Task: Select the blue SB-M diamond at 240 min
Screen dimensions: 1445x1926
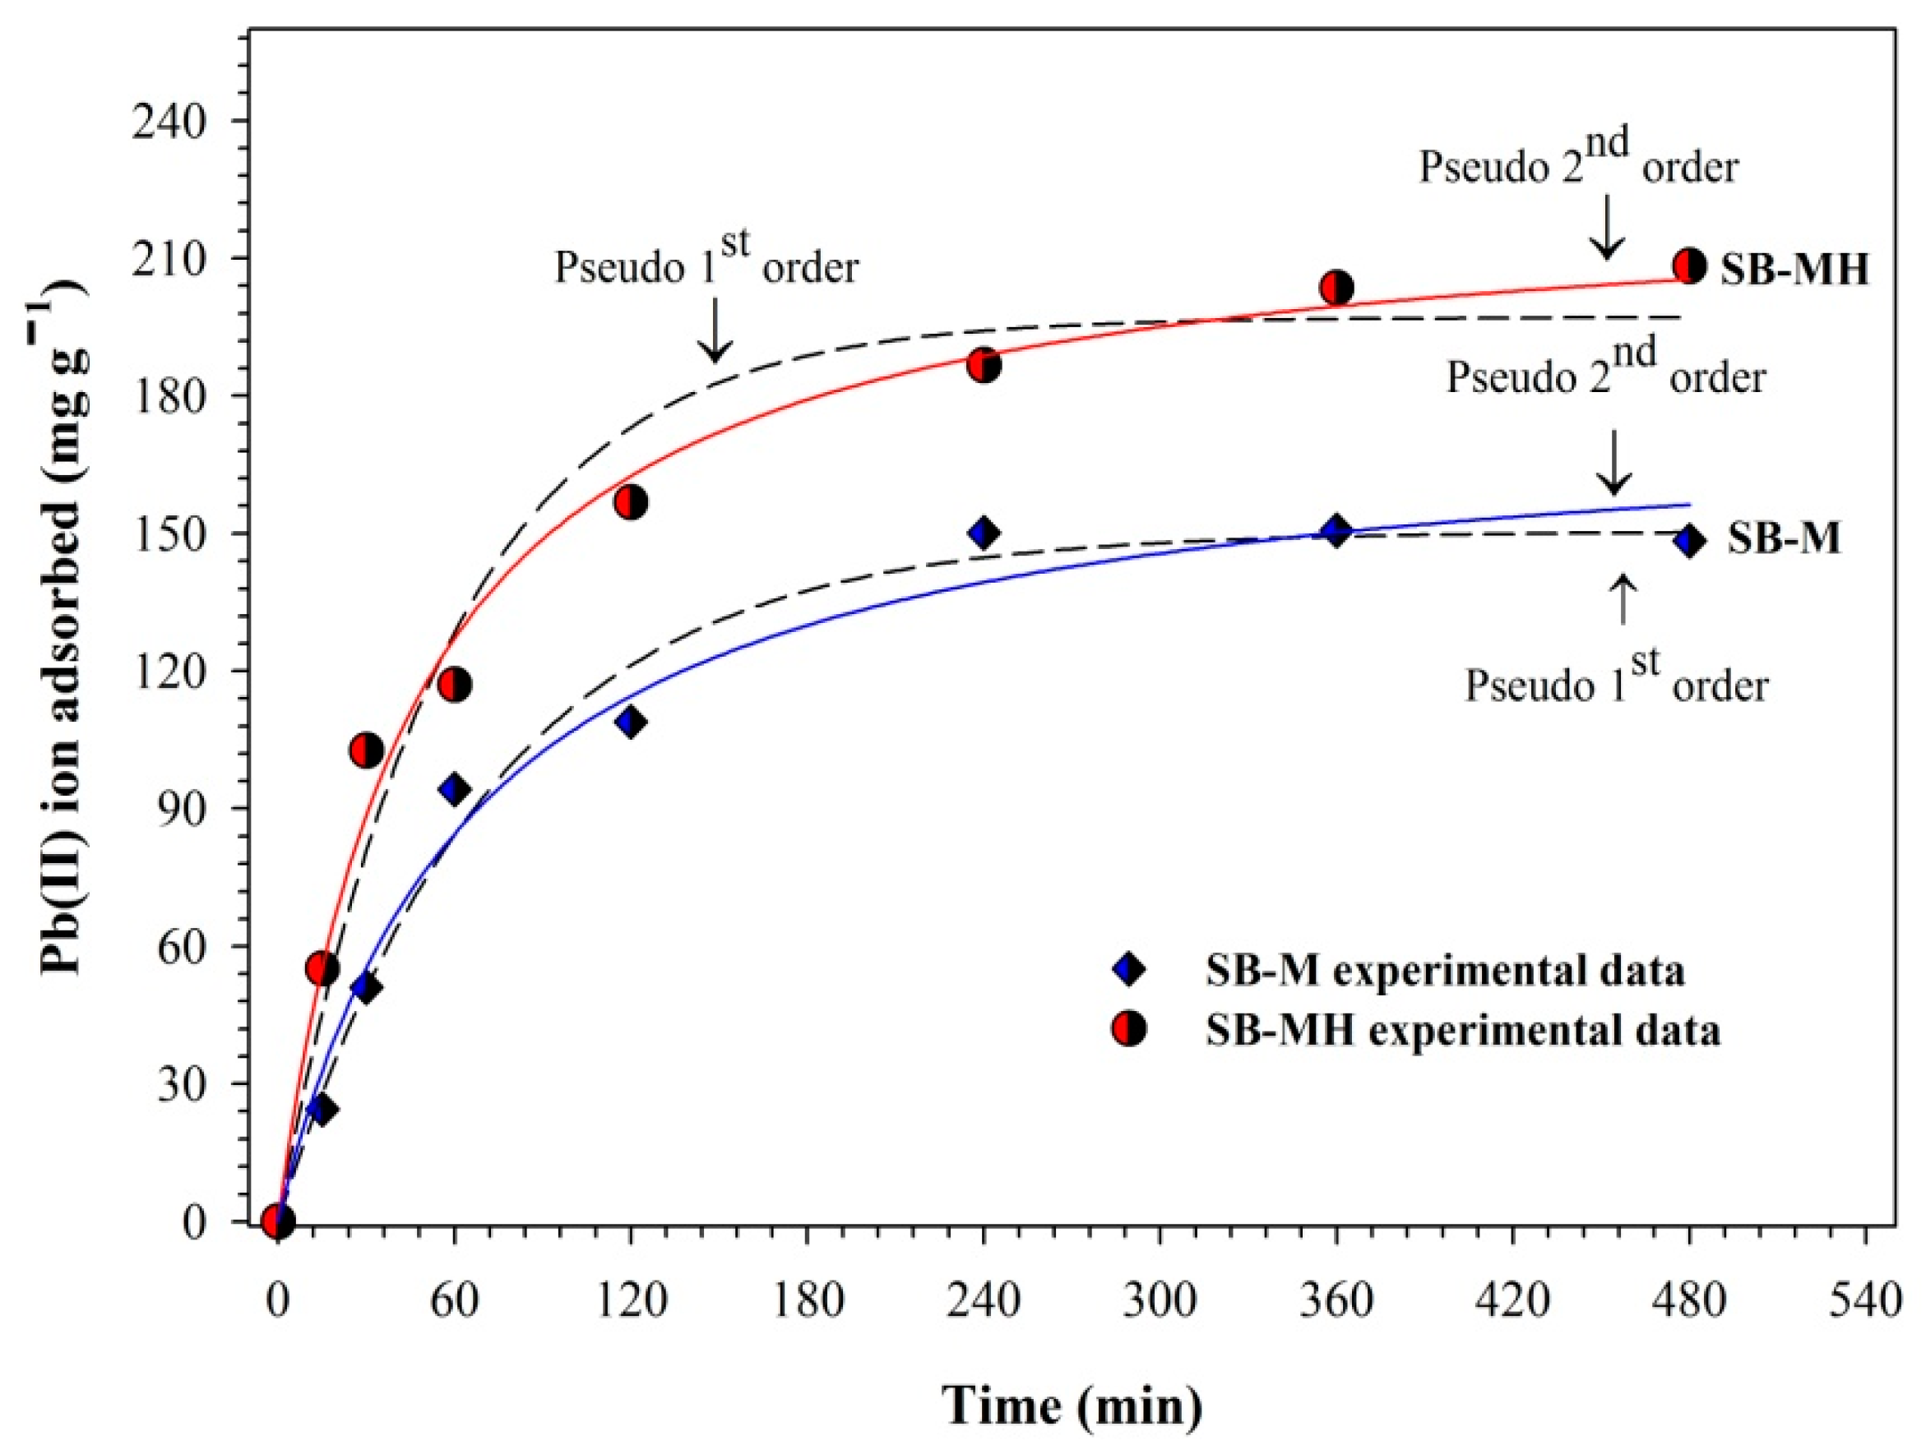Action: (x=984, y=532)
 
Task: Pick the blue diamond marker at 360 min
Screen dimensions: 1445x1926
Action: (x=1336, y=530)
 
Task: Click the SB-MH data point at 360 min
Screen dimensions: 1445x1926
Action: (x=1336, y=286)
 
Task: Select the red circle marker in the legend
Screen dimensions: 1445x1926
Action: (x=1128, y=1030)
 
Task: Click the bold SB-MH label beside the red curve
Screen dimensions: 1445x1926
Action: (x=1794, y=270)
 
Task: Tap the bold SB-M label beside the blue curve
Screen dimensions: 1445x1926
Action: (x=1784, y=539)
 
